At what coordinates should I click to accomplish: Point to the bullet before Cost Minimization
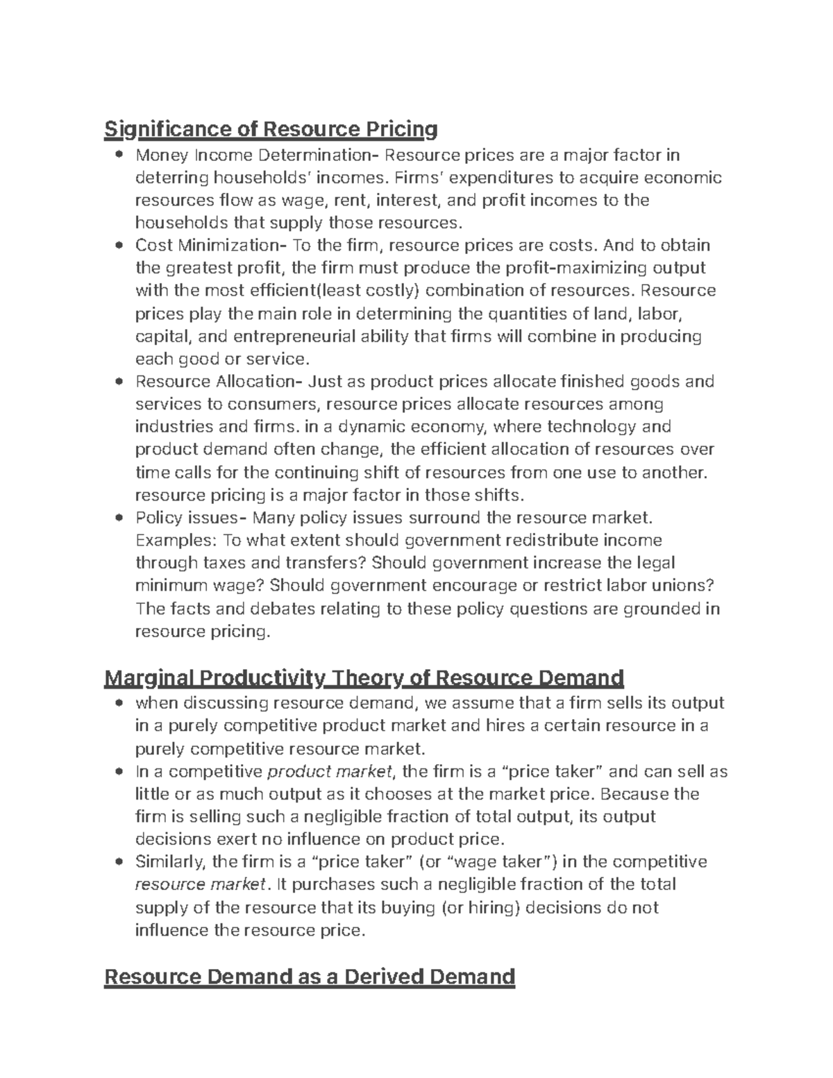point(120,245)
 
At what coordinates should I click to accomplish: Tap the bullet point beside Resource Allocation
point(120,381)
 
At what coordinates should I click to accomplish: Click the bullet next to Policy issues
point(120,517)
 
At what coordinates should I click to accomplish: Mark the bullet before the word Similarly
point(120,862)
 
